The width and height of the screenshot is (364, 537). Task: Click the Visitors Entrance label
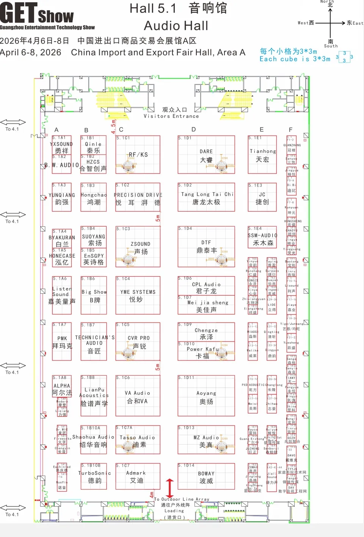pos(171,116)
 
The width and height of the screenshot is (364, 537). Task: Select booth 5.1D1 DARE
pos(206,155)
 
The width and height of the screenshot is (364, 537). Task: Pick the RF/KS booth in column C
pos(138,155)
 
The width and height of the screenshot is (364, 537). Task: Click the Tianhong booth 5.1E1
pos(262,155)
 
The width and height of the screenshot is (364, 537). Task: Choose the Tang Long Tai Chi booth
pos(206,197)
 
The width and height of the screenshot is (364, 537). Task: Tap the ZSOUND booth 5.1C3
pos(138,247)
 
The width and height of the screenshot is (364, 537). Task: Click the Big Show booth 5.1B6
pos(94,296)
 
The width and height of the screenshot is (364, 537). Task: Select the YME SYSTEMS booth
pos(138,295)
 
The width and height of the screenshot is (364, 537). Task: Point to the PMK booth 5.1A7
pos(62,341)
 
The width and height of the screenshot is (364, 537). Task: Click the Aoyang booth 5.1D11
pos(206,396)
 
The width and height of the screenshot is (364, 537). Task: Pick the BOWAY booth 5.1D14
pos(206,477)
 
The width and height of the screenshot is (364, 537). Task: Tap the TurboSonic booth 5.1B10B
pos(94,476)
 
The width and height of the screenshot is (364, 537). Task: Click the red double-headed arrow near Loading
pos(170,488)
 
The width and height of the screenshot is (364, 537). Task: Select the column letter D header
pos(193,129)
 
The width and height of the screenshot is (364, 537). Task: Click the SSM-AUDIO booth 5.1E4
pos(262,238)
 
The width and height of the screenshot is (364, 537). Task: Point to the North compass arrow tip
pos(330,9)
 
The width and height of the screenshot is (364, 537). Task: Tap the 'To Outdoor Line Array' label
pos(182,499)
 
